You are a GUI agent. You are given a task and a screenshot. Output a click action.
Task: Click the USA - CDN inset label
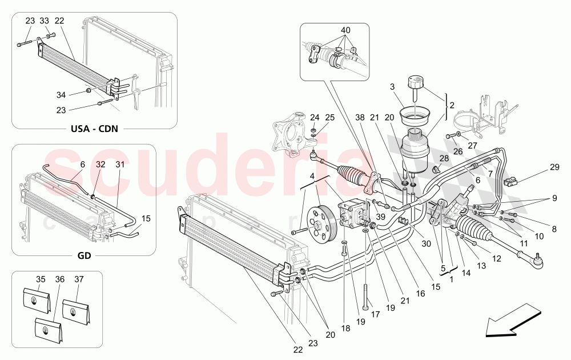pyautogui.click(x=94, y=128)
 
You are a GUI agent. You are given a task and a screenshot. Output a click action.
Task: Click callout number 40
pyautogui.click(x=346, y=30)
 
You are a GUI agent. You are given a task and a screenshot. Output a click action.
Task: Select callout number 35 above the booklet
pyautogui.click(x=40, y=279)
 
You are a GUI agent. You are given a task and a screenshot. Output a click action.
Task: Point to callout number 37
pyautogui.click(x=79, y=279)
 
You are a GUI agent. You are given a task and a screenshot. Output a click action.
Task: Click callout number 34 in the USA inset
pyautogui.click(x=61, y=94)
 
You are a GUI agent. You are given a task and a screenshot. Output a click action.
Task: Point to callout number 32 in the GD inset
pyautogui.click(x=100, y=164)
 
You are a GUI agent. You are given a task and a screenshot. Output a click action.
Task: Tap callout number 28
pyautogui.click(x=444, y=158)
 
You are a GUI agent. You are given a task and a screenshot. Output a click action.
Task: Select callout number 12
pyautogui.click(x=496, y=258)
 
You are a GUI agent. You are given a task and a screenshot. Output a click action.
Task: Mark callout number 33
pyautogui.click(x=45, y=21)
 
